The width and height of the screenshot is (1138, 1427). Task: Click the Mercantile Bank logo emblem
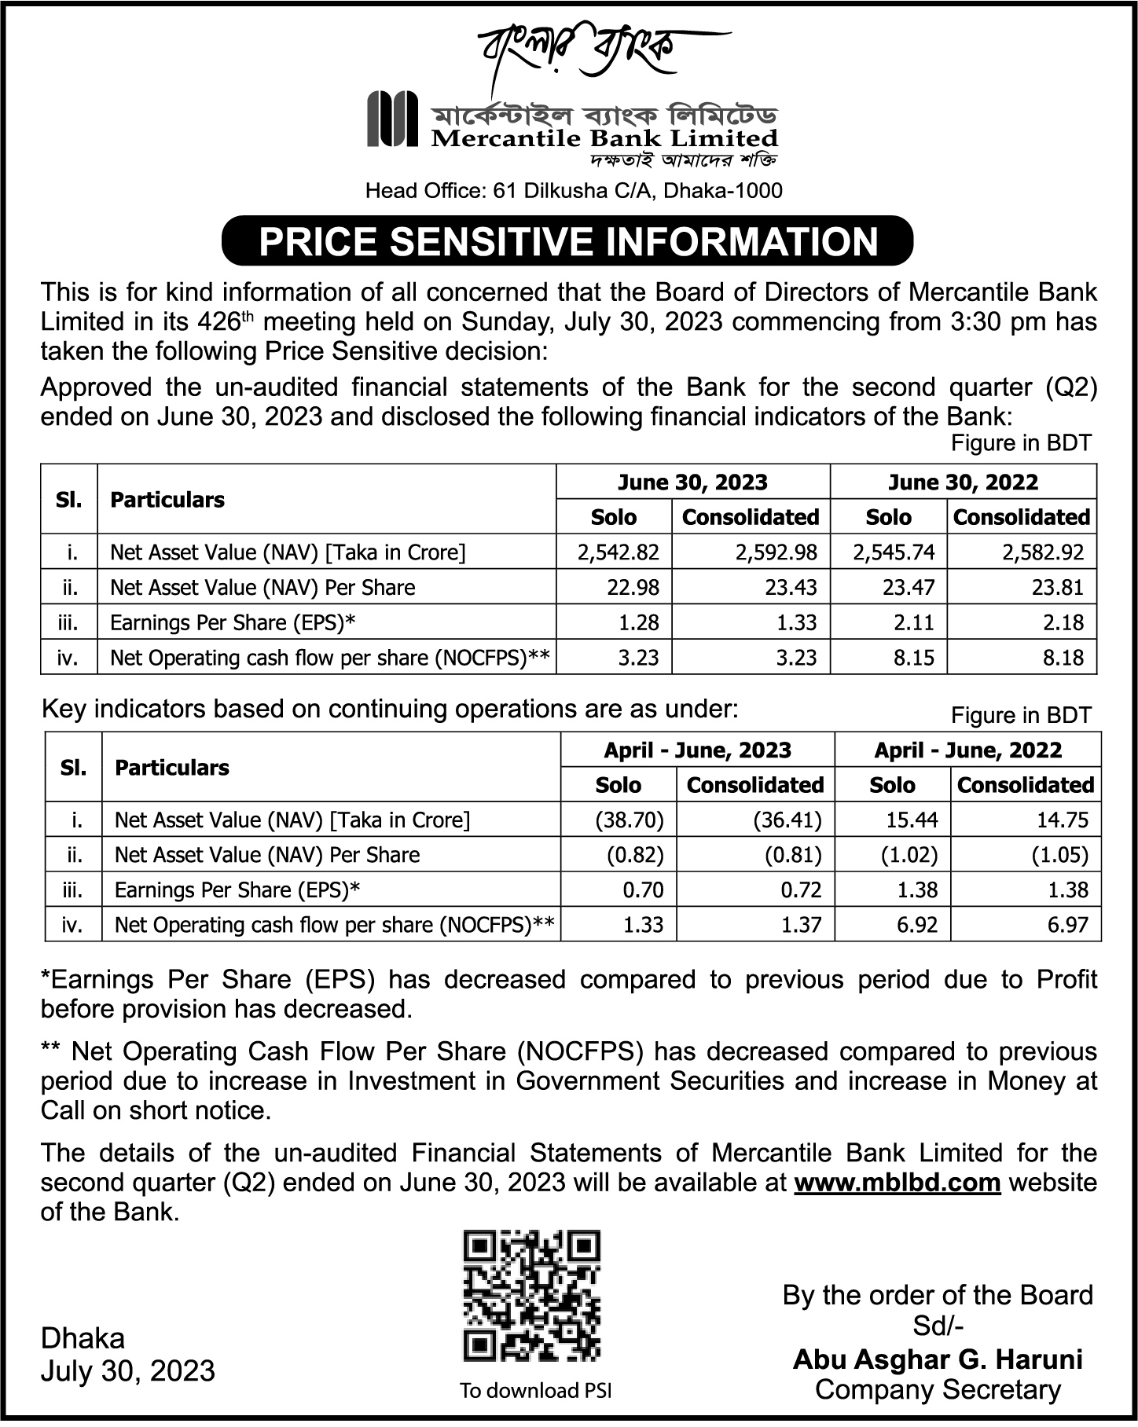392,119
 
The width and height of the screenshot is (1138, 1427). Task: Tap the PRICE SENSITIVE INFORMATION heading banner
567,241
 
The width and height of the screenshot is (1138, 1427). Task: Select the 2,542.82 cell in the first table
618,552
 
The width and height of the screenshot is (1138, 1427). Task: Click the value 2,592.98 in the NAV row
776,552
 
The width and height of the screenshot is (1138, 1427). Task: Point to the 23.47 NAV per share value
904,588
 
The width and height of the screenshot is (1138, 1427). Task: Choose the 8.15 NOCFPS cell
913,658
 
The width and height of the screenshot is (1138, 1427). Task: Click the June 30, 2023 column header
692,482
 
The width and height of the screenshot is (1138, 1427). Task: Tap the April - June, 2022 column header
967,750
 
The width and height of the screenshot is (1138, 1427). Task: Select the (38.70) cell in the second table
630,820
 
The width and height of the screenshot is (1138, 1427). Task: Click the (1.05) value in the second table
1059,855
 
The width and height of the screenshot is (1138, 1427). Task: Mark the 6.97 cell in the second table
1067,925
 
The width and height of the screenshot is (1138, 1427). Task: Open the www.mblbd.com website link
898,1183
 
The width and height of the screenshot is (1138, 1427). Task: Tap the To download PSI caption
535,1391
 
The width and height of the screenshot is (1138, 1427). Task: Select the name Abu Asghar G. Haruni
938,1359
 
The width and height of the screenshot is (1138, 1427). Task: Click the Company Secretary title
938,1389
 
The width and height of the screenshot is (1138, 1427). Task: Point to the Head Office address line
574,190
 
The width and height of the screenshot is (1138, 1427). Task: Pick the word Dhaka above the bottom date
83,1337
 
